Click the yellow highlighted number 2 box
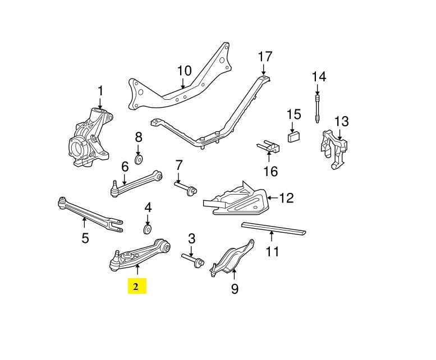point(136,287)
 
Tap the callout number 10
point(184,71)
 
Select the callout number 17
point(265,57)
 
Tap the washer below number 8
point(139,154)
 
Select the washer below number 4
point(148,229)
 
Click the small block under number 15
point(293,136)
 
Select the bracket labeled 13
point(335,146)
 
